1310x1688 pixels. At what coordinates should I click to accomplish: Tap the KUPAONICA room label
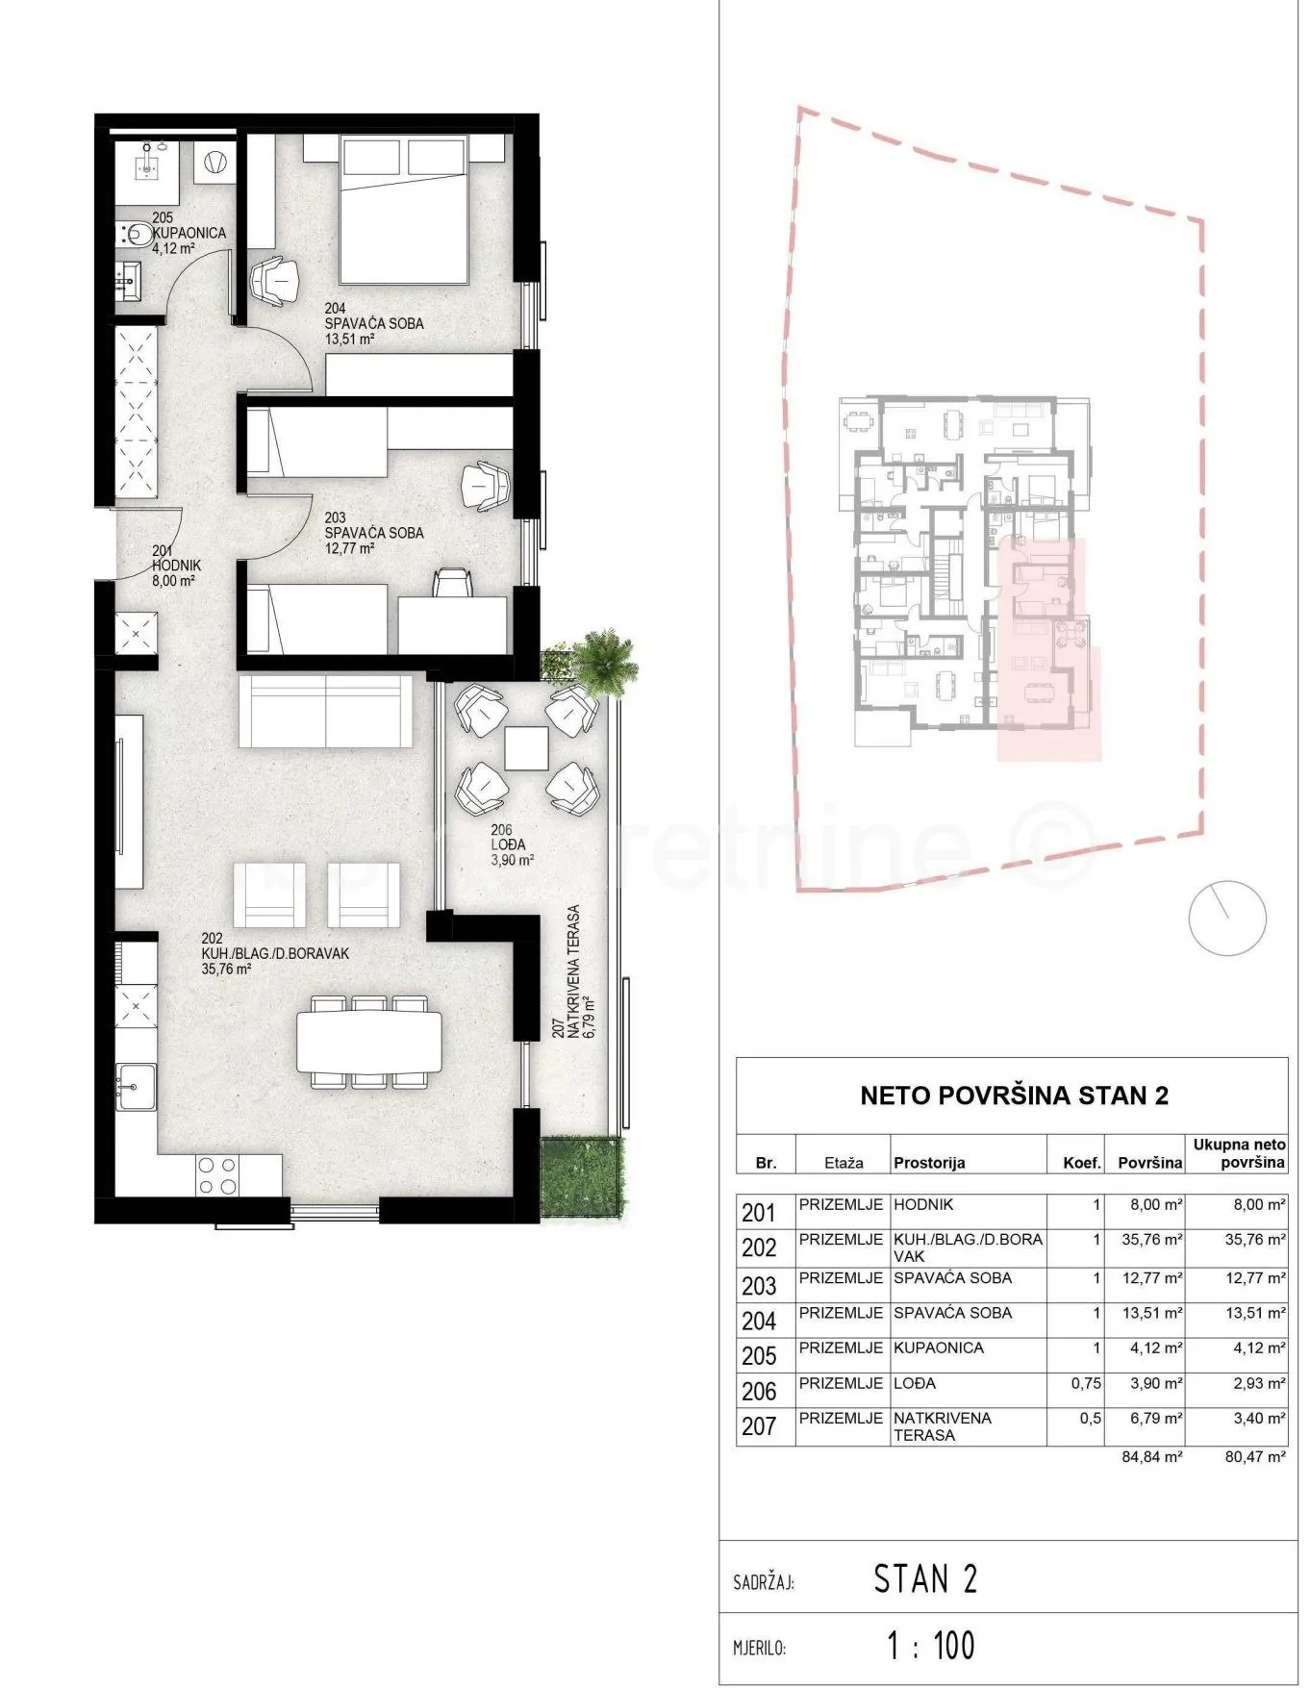pyautogui.click(x=189, y=233)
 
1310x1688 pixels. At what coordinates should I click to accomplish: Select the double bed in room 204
pyautogui.click(x=405, y=211)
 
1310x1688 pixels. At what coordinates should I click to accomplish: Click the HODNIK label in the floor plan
pyautogui.click(x=177, y=566)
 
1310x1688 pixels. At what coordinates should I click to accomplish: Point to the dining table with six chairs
pyautogui.click(x=369, y=1043)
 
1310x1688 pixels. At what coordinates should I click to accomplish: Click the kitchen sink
pyautogui.click(x=136, y=1086)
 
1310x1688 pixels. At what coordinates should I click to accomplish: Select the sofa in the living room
pyautogui.click(x=326, y=711)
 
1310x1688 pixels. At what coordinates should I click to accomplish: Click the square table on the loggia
pyautogui.click(x=526, y=748)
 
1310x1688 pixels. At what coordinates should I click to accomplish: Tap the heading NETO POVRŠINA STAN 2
pyautogui.click(x=1014, y=1096)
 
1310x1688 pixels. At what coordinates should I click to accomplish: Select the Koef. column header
pyautogui.click(x=1082, y=1163)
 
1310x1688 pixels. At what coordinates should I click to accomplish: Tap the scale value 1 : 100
pyautogui.click(x=930, y=1646)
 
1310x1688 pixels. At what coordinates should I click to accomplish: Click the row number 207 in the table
pyautogui.click(x=759, y=1426)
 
